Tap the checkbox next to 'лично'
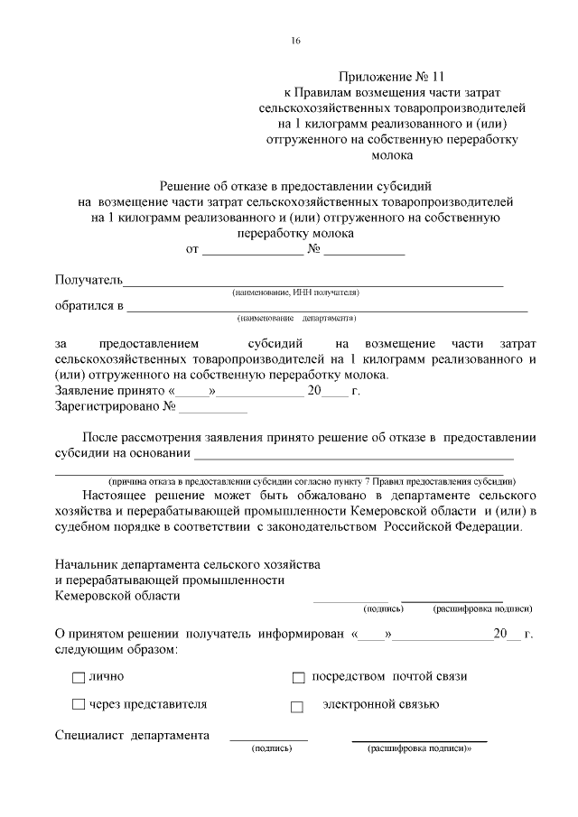tap(78, 677)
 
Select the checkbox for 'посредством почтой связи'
tap(298, 677)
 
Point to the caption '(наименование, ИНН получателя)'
tap(295, 293)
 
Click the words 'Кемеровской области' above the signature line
tap(117, 596)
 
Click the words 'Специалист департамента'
tap(132, 735)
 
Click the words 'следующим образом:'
tap(115, 649)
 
